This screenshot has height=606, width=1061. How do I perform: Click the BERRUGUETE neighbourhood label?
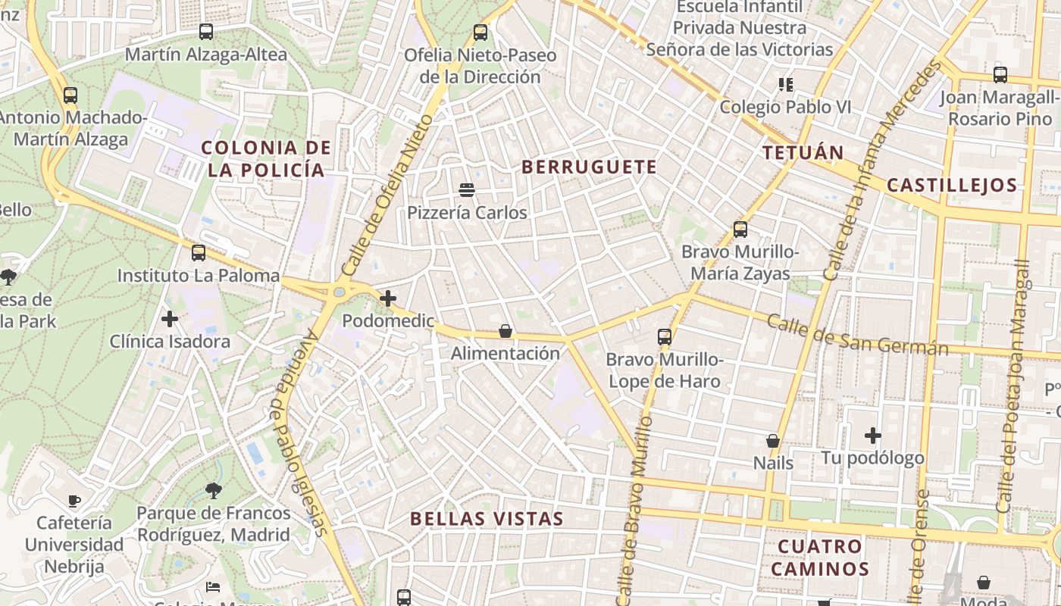(x=589, y=167)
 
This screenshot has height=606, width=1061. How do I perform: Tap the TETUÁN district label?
(x=803, y=152)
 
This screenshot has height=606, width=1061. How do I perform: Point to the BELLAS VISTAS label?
(x=487, y=519)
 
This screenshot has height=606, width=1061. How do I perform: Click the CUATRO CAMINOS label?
(x=821, y=558)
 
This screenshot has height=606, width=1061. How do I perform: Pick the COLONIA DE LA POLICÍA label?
(x=267, y=158)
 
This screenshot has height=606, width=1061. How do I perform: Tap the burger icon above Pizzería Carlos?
(x=467, y=189)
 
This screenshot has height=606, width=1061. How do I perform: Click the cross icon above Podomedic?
(x=388, y=298)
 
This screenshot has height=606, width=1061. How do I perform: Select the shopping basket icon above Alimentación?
(x=505, y=331)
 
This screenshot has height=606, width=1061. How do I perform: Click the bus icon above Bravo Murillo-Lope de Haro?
(x=665, y=336)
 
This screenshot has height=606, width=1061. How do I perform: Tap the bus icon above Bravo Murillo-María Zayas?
(x=740, y=229)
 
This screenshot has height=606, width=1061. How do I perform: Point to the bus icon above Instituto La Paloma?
(x=199, y=252)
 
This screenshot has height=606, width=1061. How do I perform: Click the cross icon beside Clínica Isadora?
(x=170, y=319)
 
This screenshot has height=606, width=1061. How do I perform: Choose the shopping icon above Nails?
(x=773, y=440)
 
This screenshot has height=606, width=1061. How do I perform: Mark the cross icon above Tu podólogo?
(x=873, y=436)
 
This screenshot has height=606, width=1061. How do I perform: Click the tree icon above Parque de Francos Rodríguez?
(x=214, y=491)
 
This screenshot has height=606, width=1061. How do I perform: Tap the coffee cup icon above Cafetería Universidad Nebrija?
(x=74, y=500)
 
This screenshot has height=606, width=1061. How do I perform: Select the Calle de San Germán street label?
(x=857, y=335)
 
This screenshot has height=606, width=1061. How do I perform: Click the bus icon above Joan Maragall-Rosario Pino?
(x=1000, y=74)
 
